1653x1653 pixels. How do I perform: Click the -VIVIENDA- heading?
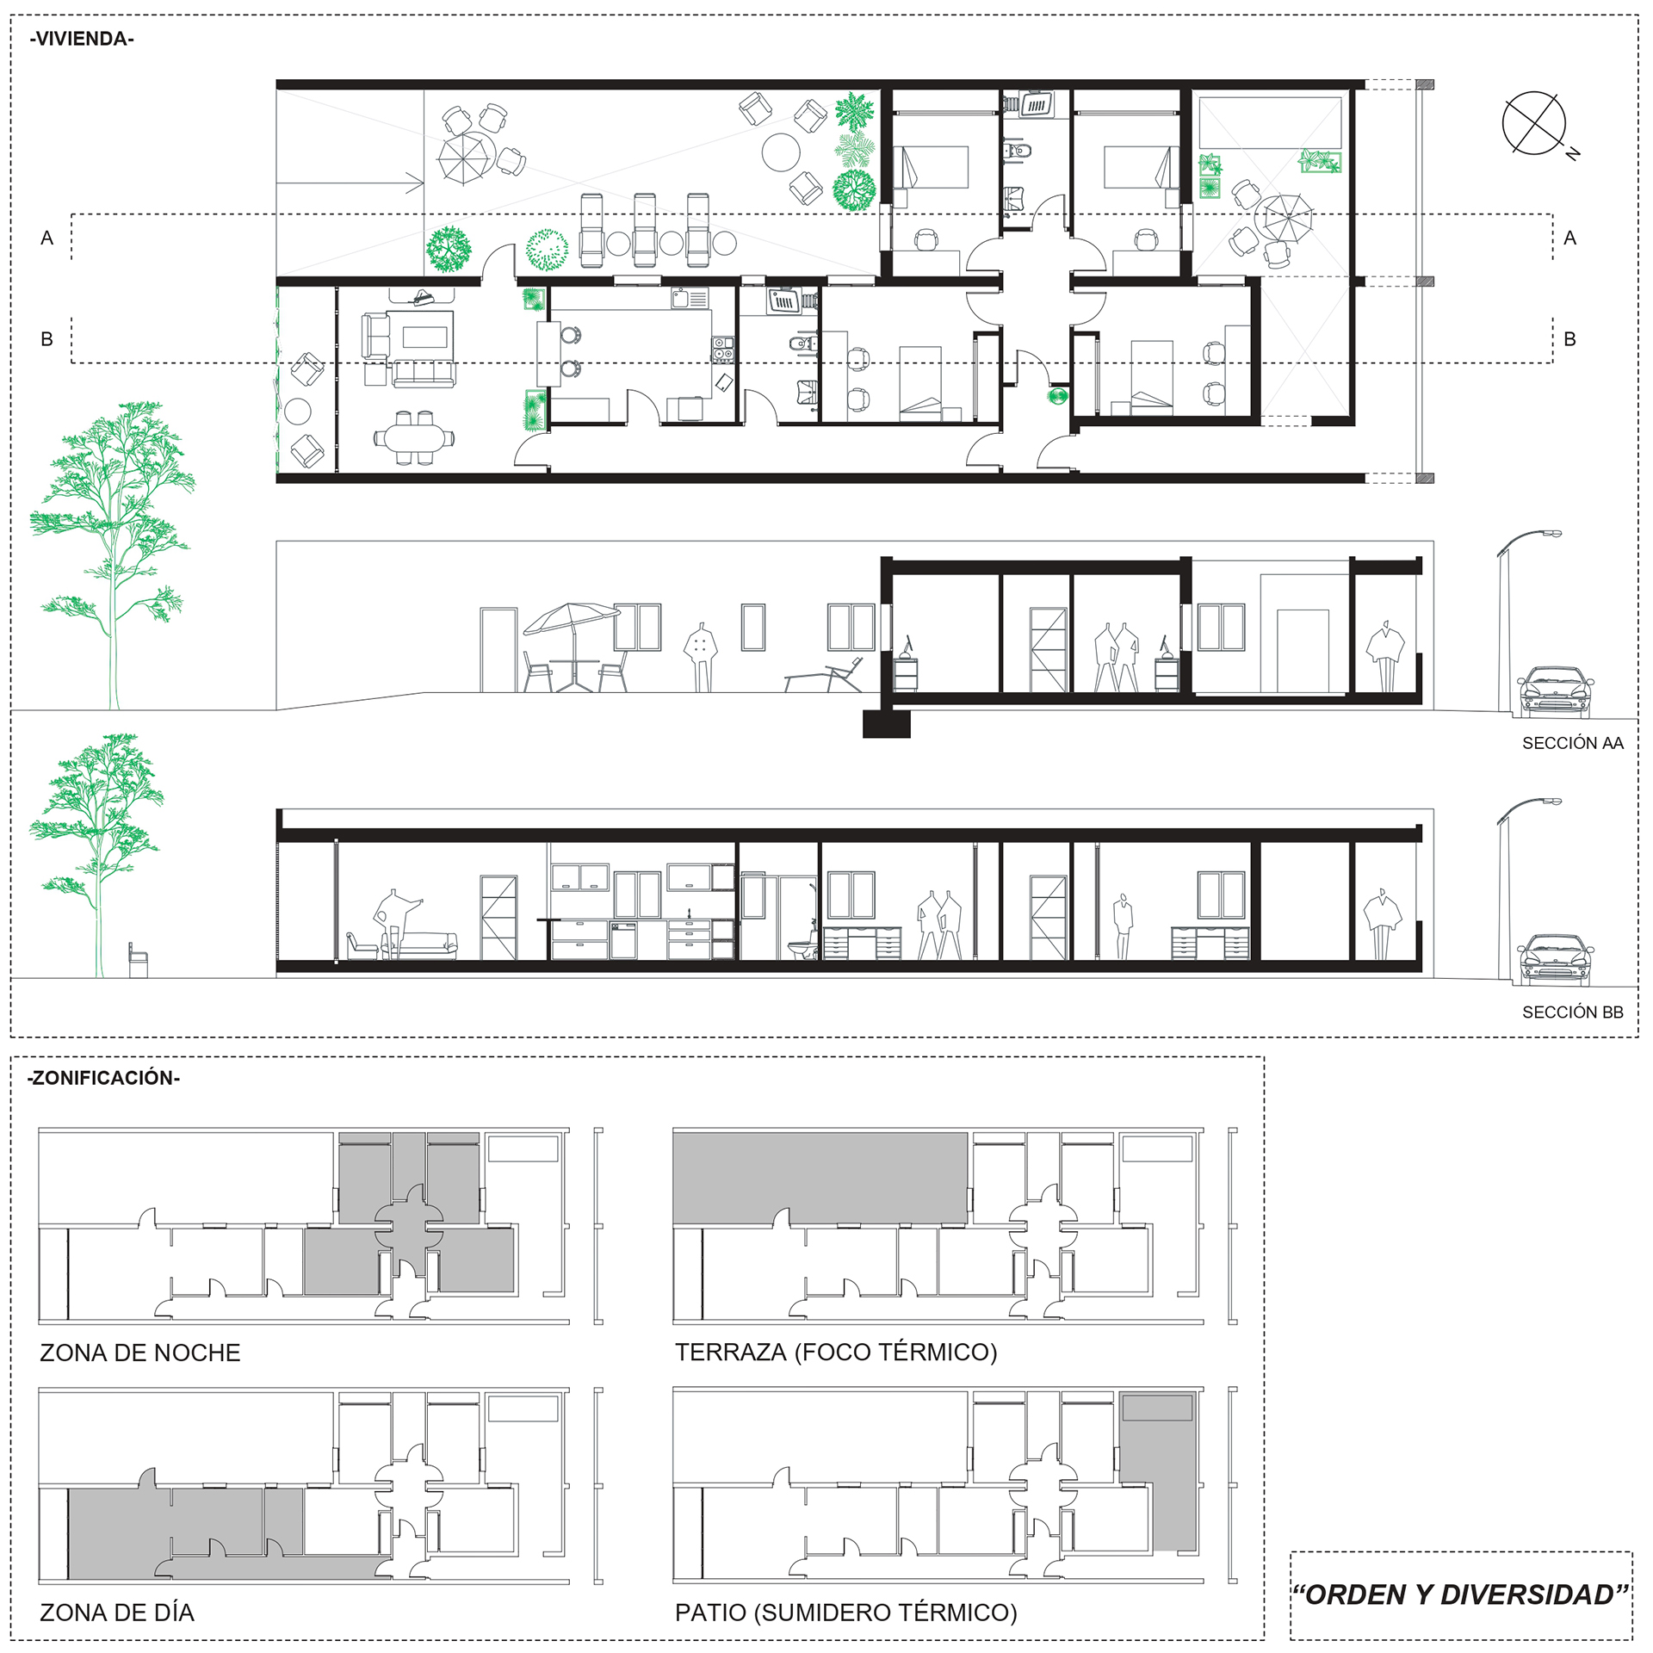82,39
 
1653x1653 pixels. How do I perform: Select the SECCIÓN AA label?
1572,743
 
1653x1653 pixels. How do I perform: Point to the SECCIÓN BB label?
1572,1012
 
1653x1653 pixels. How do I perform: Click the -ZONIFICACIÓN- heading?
103,1078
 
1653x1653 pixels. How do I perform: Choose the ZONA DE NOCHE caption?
140,1353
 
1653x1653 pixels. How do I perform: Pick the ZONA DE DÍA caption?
117,1613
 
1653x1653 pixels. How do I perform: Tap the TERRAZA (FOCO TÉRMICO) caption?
836,1352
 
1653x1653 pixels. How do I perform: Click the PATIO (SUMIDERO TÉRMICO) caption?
846,1613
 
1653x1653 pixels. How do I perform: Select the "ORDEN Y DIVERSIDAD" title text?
1461,1594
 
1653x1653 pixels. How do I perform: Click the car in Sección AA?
1555,691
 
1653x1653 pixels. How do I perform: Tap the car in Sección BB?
1555,960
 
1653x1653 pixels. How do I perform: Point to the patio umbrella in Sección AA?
572,618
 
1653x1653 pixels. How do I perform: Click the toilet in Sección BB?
802,945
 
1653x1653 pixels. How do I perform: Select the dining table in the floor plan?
414,437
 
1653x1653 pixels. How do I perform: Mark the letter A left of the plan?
47,238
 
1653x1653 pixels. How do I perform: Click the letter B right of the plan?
1569,339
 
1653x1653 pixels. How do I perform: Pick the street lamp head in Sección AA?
1551,535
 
